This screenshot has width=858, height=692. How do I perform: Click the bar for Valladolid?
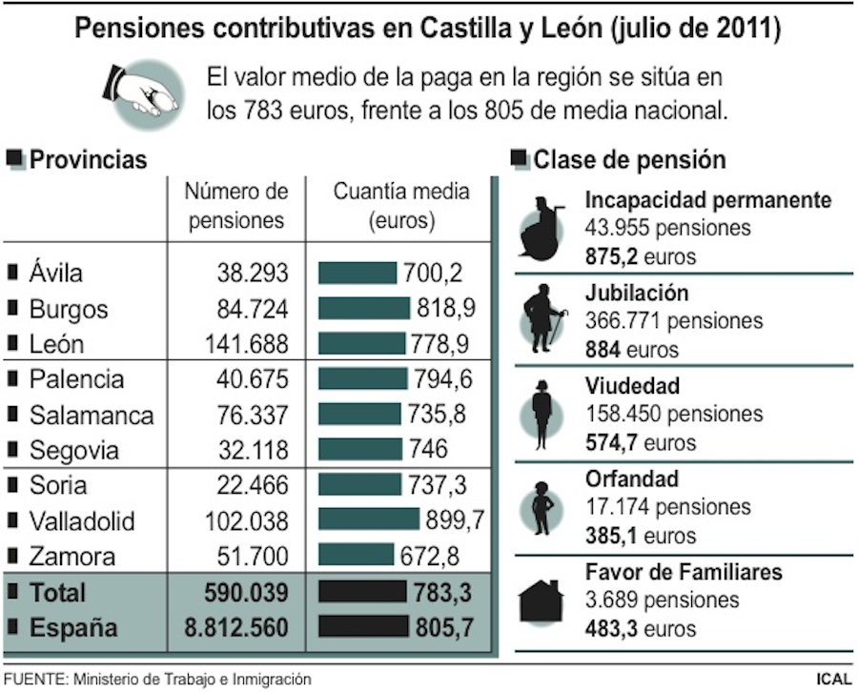[x=368, y=519]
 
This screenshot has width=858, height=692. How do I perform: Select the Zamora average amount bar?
[x=355, y=555]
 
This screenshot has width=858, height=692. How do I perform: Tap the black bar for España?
[x=363, y=627]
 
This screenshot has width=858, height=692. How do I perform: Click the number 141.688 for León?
[x=246, y=344]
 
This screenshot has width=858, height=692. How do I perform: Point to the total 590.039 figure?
[x=245, y=592]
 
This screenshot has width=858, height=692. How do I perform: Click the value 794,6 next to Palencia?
[x=442, y=379]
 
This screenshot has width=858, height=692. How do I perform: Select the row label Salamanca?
[x=91, y=416]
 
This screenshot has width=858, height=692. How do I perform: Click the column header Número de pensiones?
[x=236, y=206]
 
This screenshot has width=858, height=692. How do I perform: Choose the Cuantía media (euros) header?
[x=401, y=206]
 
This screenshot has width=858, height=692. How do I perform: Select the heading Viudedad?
[x=632, y=386]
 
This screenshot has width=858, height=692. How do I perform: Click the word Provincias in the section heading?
[x=89, y=159]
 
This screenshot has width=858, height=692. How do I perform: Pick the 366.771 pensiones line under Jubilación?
[x=674, y=321]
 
